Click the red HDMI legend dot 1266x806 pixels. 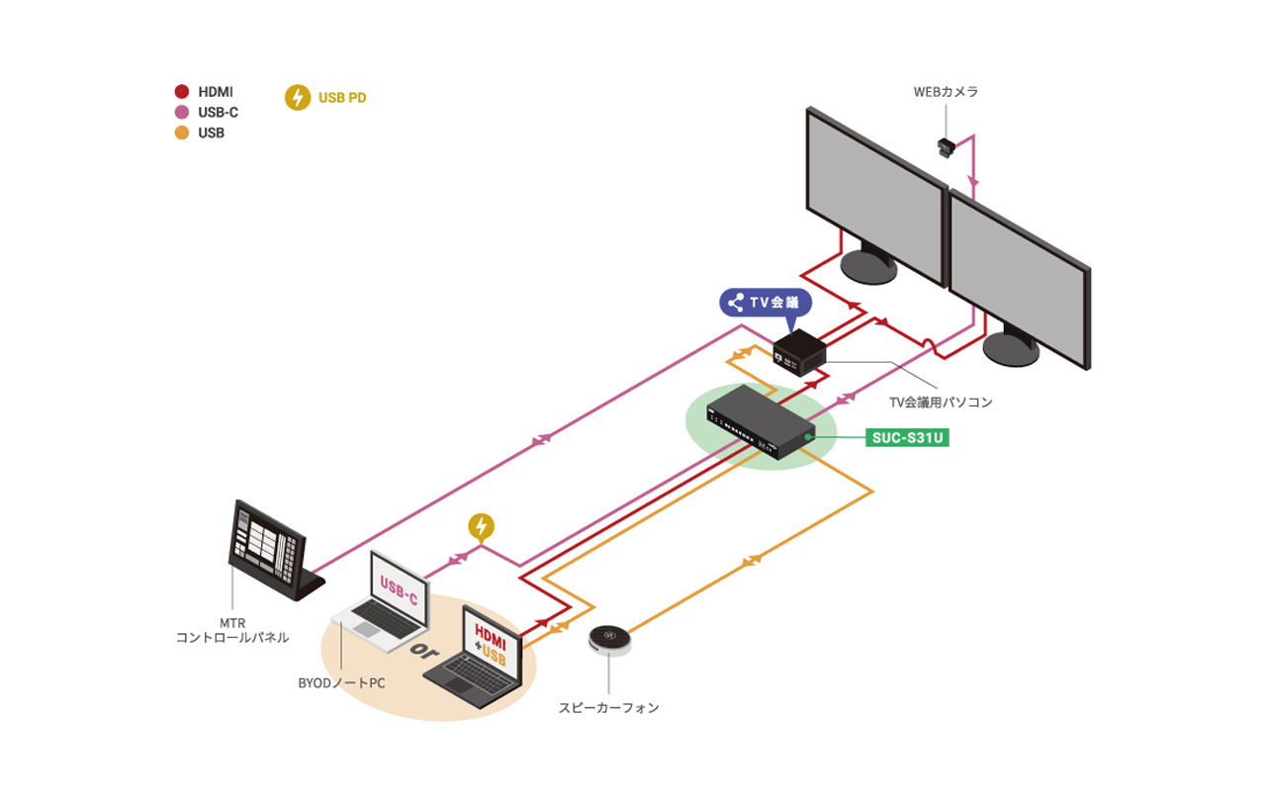coord(181,92)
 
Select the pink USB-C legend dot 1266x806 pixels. coord(181,113)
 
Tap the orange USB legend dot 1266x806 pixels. coord(181,133)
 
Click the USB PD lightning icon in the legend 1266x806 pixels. coord(297,98)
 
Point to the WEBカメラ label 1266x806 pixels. coord(946,92)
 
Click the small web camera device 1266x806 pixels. coord(948,147)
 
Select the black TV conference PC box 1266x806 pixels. coord(800,350)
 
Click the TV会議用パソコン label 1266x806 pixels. coord(940,403)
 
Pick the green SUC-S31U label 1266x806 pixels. coord(907,437)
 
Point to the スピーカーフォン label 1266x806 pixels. coord(608,708)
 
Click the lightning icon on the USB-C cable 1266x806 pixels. coord(481,527)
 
